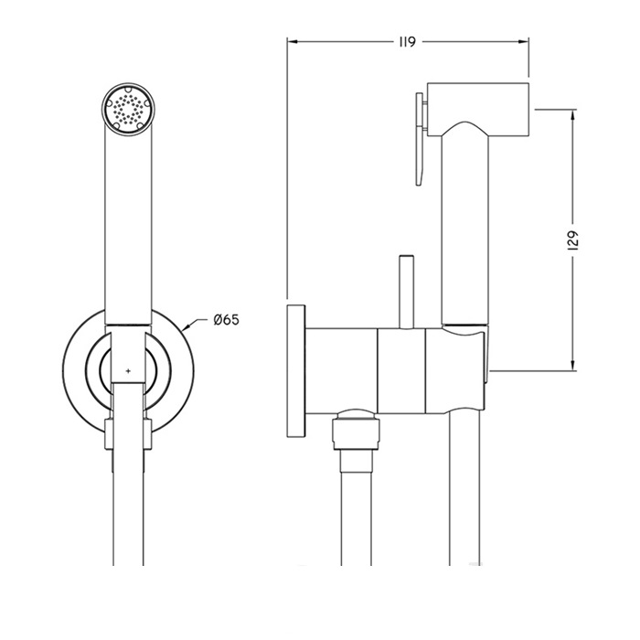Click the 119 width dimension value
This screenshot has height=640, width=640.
(407, 42)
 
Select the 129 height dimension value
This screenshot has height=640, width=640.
(573, 240)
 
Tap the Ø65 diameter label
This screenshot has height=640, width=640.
(226, 320)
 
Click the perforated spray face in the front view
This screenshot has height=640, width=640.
(128, 109)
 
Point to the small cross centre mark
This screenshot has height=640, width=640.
(129, 371)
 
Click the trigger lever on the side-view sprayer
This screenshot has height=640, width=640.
(421, 139)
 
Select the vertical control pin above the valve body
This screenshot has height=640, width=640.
(407, 292)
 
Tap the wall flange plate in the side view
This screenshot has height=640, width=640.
(296, 370)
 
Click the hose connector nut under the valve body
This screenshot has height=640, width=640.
(357, 430)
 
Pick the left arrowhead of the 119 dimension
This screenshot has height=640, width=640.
(292, 41)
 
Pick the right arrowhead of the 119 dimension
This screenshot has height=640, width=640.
(524, 41)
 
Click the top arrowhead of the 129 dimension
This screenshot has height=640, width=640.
(573, 115)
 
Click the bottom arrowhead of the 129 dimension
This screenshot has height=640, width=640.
(573, 366)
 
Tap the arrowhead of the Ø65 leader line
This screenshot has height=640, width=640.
(187, 326)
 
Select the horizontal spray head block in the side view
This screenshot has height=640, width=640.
(478, 109)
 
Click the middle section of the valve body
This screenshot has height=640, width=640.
(401, 369)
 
